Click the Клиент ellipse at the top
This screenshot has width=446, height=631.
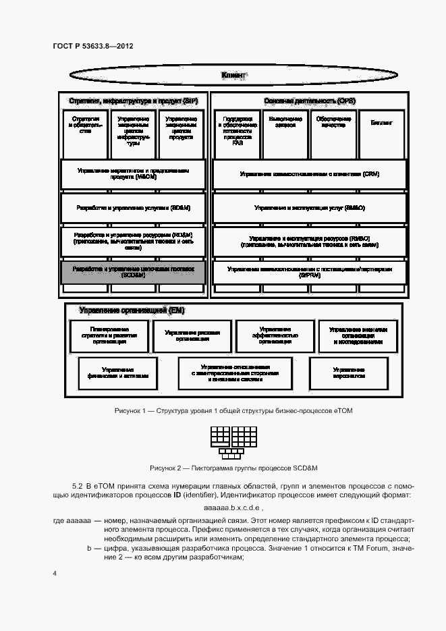point(233,75)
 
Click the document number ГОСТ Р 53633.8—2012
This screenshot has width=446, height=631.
point(92,46)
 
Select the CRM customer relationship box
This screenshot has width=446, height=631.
point(309,174)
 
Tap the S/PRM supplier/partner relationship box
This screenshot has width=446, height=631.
point(309,272)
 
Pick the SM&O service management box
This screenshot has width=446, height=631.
point(309,208)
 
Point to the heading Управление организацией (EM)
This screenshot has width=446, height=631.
point(132,310)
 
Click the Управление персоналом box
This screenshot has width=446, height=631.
point(348,373)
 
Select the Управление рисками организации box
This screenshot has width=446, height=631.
point(192,336)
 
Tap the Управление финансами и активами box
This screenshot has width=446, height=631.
point(117,373)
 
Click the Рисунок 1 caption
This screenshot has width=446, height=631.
point(233,411)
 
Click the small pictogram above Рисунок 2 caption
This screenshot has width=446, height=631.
point(233,443)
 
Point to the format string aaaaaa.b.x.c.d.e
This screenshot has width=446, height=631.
point(233,507)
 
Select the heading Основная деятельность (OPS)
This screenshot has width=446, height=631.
point(309,101)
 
